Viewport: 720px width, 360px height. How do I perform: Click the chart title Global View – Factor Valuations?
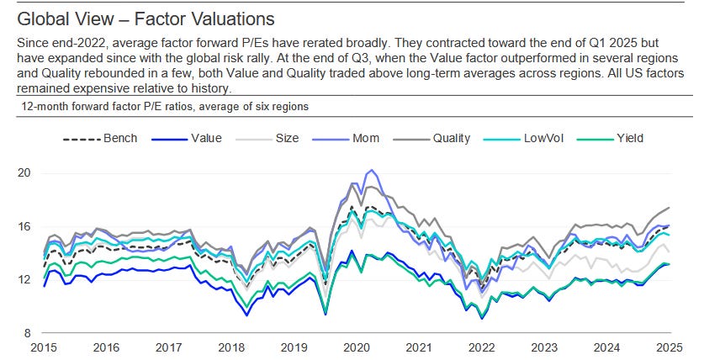146,17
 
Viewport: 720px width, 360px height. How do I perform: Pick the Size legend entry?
280,138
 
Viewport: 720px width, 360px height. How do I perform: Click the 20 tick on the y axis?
23,173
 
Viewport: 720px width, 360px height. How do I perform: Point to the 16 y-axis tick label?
23,226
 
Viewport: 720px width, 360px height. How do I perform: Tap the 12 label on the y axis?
23,279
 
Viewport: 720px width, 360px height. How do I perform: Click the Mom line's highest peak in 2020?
371,171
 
